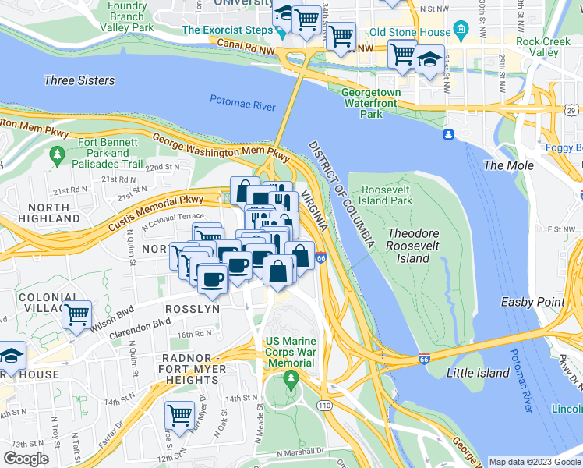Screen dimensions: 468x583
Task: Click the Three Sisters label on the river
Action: click(79, 80)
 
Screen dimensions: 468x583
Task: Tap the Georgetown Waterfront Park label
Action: click(372, 103)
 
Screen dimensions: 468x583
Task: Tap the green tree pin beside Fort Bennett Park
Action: click(56, 157)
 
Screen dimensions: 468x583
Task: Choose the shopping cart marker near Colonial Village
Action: click(76, 316)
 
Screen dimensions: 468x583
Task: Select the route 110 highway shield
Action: click(324, 406)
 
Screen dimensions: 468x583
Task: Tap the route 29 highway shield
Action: click(571, 112)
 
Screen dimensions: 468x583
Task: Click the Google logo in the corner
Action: click(26, 459)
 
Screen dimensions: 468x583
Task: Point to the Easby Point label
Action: click(544, 303)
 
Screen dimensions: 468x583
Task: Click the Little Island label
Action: click(478, 373)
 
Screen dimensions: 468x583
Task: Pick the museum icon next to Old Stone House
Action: click(461, 32)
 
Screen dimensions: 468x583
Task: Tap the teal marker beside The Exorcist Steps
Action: click(280, 32)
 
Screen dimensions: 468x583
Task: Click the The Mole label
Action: click(509, 165)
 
